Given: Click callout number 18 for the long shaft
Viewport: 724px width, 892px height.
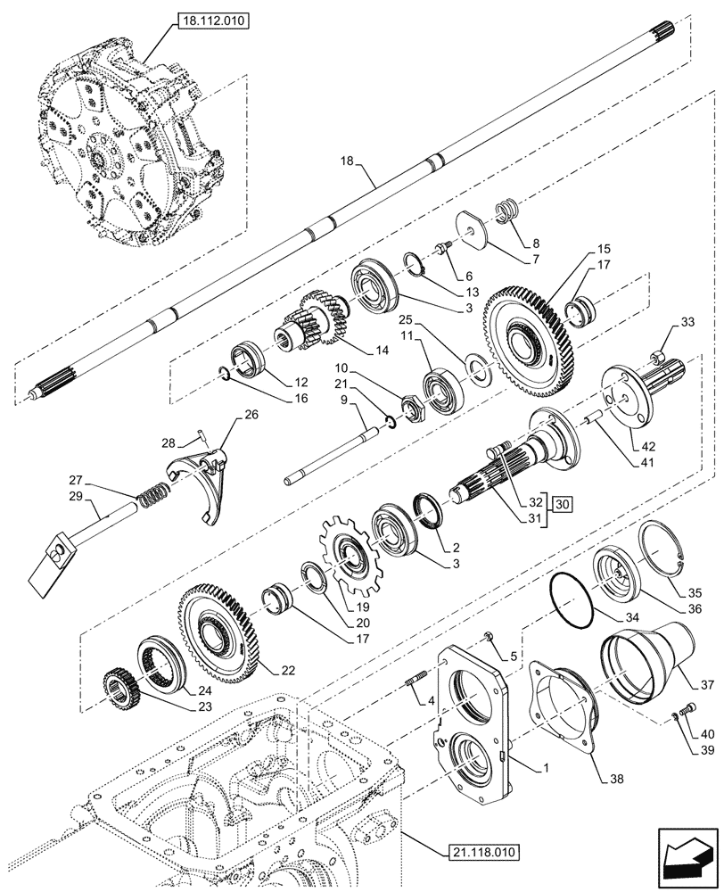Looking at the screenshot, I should click(x=348, y=161).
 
